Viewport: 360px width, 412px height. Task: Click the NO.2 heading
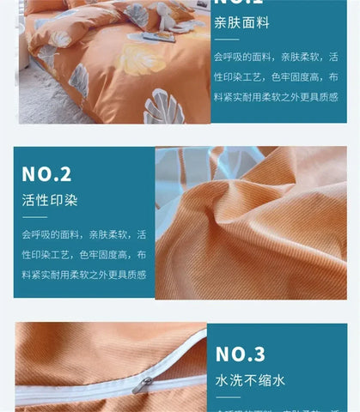coord(46,175)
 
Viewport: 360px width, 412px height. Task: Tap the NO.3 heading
coord(241,354)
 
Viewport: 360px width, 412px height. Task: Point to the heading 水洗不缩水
coord(249,380)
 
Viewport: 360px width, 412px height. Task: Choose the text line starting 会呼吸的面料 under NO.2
coord(83,234)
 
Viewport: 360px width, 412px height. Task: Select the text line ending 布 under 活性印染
coord(83,255)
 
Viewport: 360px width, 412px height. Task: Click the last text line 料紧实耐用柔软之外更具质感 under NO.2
coord(83,276)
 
